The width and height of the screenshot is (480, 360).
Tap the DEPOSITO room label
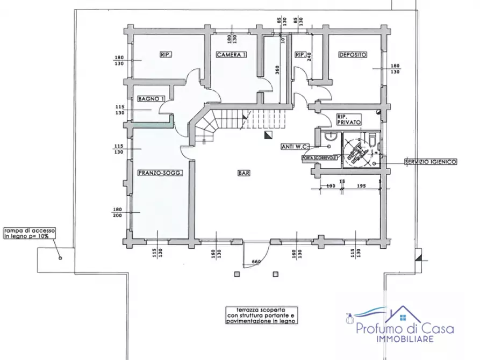353,55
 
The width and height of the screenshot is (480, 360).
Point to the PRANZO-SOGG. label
157,172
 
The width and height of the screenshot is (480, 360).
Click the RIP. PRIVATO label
347,119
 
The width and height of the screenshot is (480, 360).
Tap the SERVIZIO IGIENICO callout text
431,161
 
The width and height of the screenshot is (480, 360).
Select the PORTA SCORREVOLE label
319,157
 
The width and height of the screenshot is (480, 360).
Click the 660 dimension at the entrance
256,262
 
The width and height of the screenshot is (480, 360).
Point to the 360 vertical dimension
277,70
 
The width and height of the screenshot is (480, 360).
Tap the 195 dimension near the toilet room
361,186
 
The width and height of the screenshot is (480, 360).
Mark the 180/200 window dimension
119,213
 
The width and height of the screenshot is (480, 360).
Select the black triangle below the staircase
267,136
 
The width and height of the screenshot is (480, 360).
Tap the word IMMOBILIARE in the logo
404,340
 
